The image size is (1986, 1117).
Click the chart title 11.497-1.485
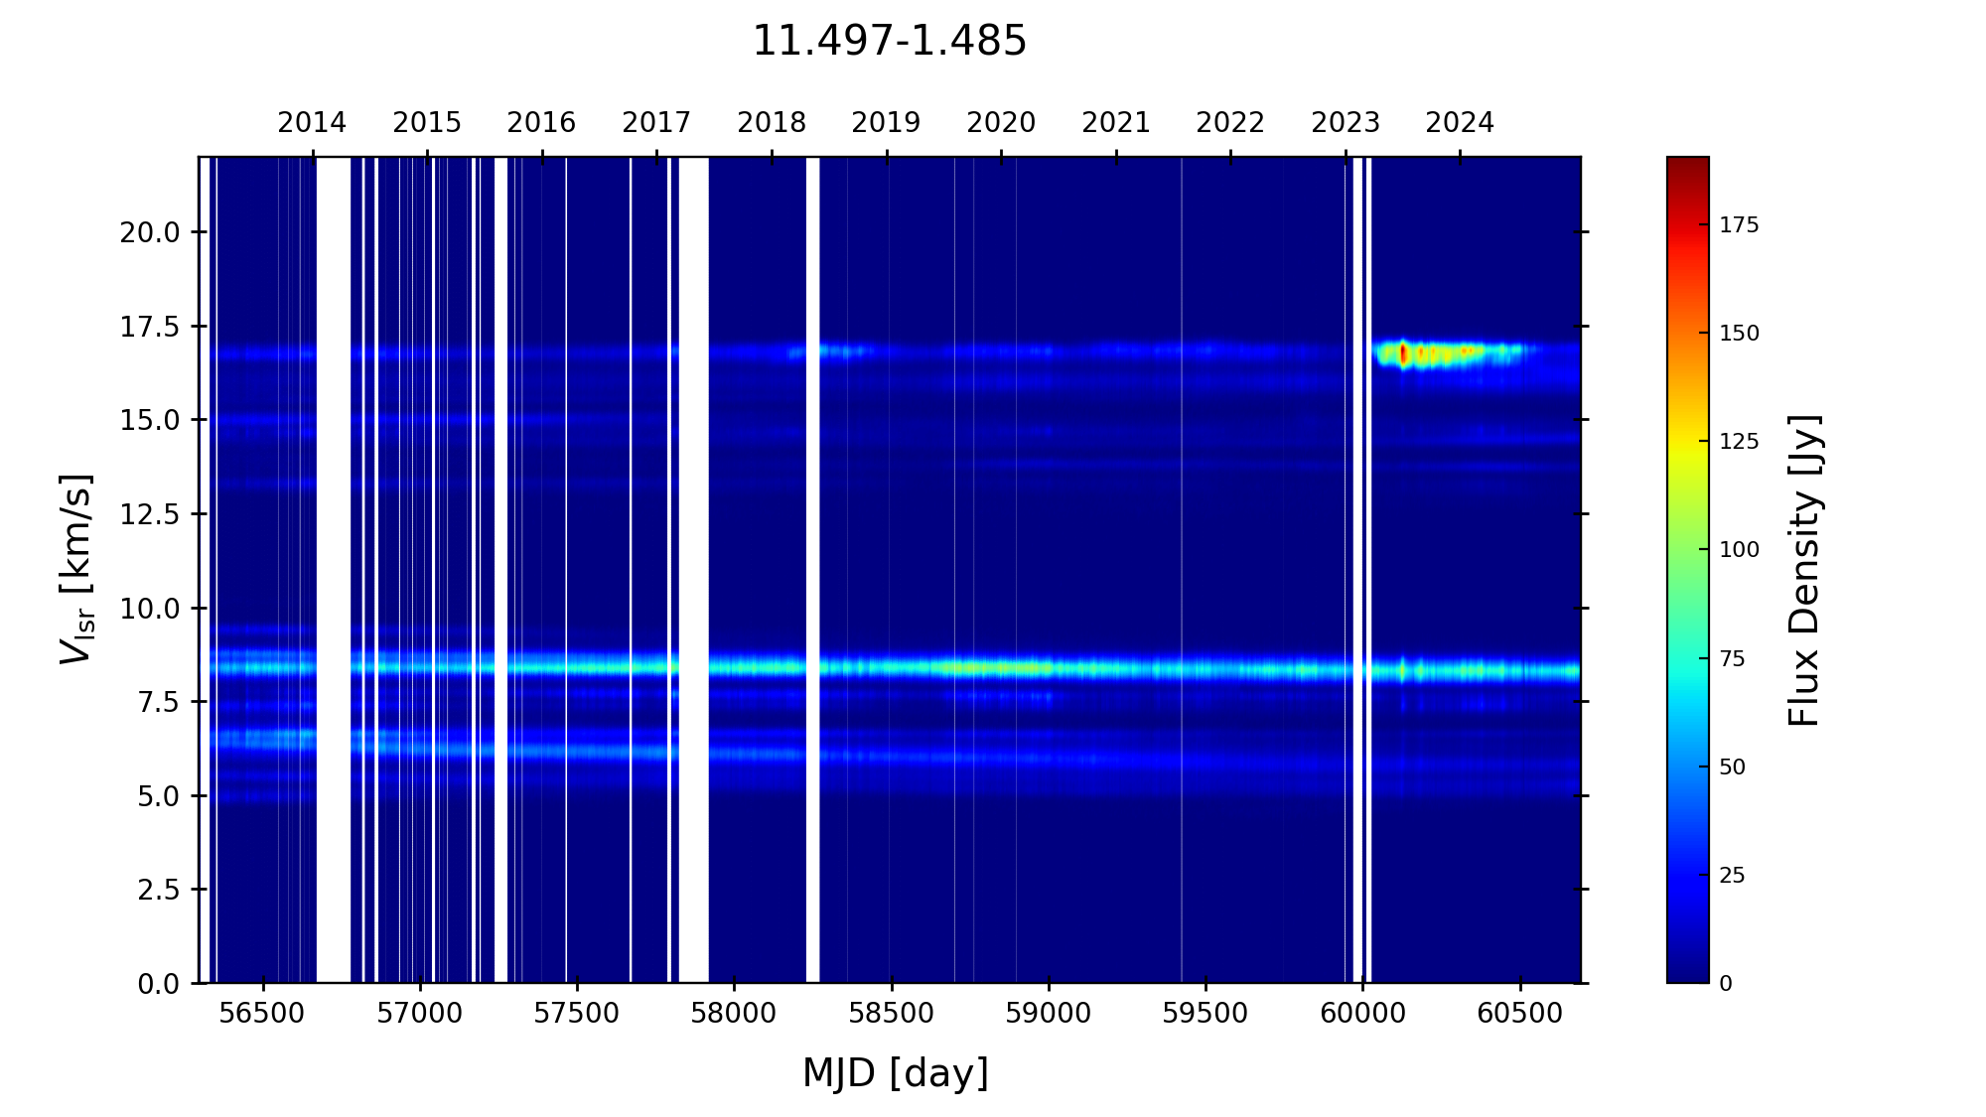tap(889, 42)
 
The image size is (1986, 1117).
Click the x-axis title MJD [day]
tap(895, 1073)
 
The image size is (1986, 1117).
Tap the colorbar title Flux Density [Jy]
tap(1804, 570)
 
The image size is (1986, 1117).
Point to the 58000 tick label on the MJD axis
tap(734, 1014)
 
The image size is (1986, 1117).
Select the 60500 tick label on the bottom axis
tap(1519, 1014)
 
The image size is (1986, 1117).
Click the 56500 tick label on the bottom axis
tap(263, 1014)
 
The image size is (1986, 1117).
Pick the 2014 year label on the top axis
tap(312, 123)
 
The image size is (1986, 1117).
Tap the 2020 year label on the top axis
tap(1001, 123)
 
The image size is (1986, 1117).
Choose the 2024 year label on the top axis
tap(1460, 123)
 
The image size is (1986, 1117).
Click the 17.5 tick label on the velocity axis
tap(150, 327)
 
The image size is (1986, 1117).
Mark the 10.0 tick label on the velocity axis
tap(150, 609)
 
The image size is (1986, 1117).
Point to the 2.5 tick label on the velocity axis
tap(159, 890)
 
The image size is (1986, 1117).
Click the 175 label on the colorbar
tap(1739, 225)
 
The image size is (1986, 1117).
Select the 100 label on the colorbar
tap(1739, 550)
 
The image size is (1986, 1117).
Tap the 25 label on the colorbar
tap(1733, 876)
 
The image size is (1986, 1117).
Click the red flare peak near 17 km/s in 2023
tap(1403, 353)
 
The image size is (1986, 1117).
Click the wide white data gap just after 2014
tap(334, 566)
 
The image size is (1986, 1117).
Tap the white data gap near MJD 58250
tap(812, 566)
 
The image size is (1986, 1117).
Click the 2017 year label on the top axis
tap(656, 123)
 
